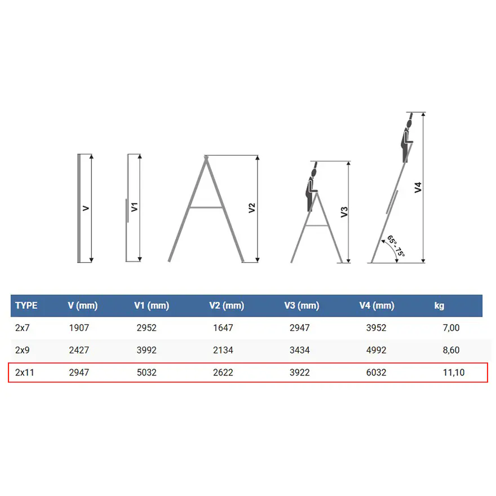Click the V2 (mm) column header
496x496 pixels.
(x=227, y=305)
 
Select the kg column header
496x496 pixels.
(x=439, y=305)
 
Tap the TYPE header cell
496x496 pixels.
(x=26, y=305)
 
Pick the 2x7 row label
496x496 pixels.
(x=22, y=327)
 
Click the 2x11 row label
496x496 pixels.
(x=24, y=373)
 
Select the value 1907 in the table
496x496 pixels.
(x=79, y=327)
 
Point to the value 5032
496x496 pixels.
(x=147, y=373)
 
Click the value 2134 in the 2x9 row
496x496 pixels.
(x=223, y=350)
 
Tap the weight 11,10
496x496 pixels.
(x=454, y=373)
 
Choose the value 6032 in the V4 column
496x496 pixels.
(x=376, y=373)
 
